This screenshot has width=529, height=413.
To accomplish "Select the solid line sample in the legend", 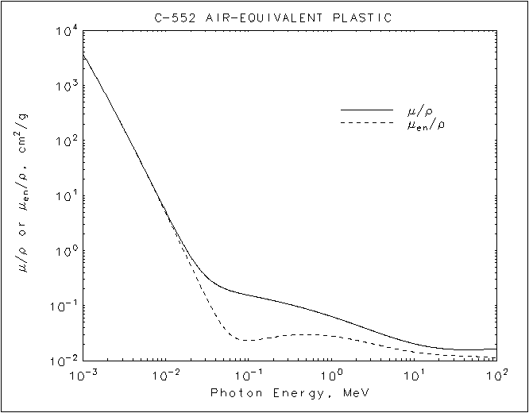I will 366,110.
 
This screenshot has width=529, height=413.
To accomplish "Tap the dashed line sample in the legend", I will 366,122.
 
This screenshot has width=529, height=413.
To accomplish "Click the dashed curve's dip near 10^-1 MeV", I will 248,340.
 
